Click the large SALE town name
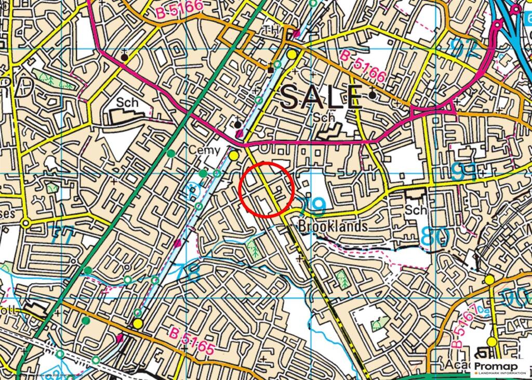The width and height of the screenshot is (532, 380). tap(321, 97)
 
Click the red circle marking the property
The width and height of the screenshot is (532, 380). tap(267, 189)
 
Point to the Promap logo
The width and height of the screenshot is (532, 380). tap(499, 369)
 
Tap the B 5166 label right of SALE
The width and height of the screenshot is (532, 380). tap(363, 66)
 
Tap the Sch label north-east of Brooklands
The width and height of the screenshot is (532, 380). tap(416, 210)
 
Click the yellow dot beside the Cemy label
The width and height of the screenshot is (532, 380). tap(234, 155)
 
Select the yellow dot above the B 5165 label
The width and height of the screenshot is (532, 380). tap(137, 324)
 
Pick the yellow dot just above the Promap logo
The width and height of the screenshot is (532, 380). tap(491, 342)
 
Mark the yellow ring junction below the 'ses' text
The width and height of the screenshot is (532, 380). tap(25, 224)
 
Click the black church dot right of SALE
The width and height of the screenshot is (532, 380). tap(373, 95)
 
